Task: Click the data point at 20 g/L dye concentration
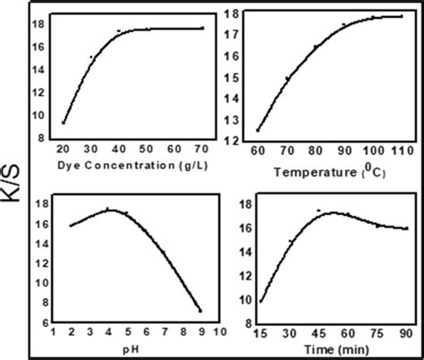pos(64,123)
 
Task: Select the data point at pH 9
pos(200,311)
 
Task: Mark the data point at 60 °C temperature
pos(259,130)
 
